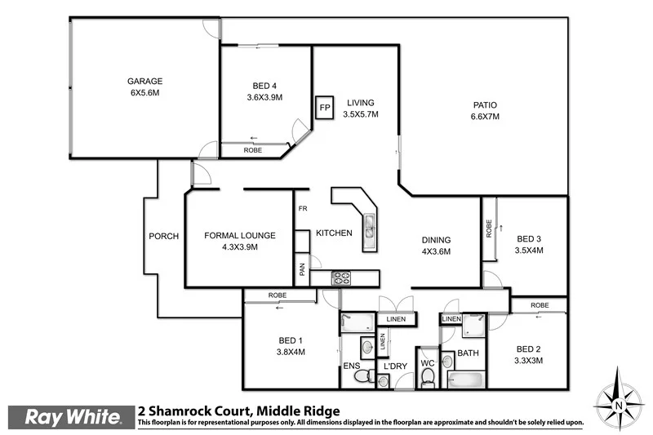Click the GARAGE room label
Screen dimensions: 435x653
coord(144,81)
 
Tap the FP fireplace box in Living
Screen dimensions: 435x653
coord(324,108)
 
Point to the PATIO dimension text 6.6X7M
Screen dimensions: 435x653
coord(485,117)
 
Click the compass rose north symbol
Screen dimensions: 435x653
coord(618,402)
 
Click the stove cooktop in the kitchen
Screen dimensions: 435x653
coord(340,279)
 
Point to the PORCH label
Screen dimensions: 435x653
coord(163,237)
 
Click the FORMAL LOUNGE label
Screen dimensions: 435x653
coord(239,235)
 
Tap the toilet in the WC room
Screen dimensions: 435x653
coord(427,375)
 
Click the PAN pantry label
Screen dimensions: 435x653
coord(302,270)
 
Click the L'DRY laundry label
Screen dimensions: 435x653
coord(395,366)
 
